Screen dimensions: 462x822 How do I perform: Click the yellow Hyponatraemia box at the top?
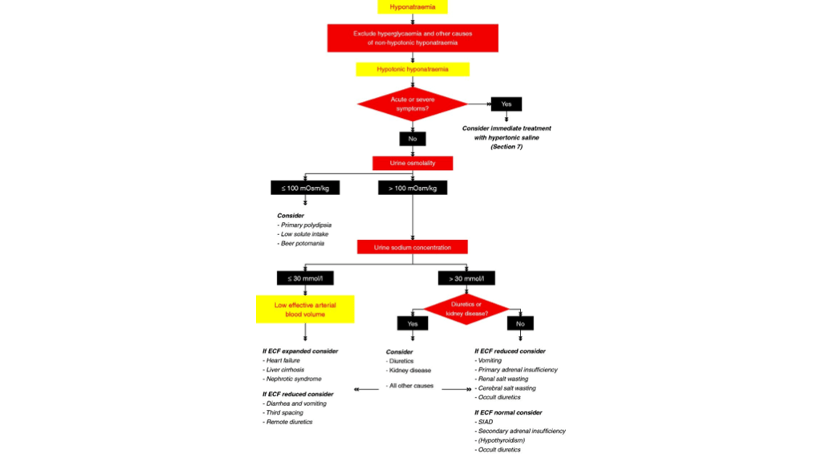(413, 7)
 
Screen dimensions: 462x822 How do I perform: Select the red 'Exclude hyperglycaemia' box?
(413, 38)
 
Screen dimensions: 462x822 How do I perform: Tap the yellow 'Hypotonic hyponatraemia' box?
(413, 70)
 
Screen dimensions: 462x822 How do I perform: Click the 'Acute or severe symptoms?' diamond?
(413, 103)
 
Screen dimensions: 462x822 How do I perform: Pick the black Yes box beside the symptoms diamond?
(507, 103)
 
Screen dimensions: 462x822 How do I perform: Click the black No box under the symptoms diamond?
(413, 139)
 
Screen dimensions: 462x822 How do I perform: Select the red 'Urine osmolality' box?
(413, 163)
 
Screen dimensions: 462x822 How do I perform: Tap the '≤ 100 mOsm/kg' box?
(305, 188)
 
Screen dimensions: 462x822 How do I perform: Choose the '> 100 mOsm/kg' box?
(413, 188)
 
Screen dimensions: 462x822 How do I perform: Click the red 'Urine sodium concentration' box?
(413, 247)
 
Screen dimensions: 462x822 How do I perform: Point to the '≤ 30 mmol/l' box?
(305, 278)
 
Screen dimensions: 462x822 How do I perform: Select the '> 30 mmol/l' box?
(466, 278)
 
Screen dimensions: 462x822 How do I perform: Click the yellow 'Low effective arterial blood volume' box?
(305, 310)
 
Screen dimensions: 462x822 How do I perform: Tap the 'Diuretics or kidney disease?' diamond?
(466, 309)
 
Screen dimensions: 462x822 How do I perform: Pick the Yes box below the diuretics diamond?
(413, 324)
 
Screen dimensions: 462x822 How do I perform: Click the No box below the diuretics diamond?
(520, 324)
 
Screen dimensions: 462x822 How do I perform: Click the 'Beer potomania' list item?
(302, 243)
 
